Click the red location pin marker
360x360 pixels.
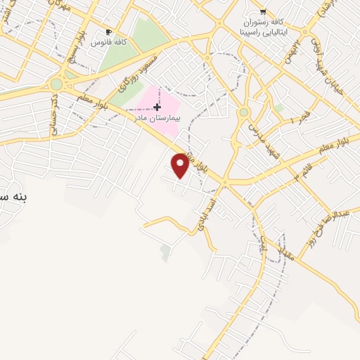(181, 165)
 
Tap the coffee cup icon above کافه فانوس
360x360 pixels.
(108, 32)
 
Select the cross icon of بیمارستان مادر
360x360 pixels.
(156, 106)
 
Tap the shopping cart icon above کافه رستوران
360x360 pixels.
(263, 11)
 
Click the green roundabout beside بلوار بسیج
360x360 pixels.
(56, 84)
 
